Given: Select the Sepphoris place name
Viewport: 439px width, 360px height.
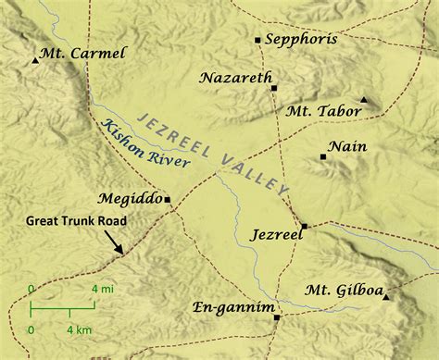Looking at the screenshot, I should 301,40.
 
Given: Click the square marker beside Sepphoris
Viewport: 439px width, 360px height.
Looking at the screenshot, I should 257,40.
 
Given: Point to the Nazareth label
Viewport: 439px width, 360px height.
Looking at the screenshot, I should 234,79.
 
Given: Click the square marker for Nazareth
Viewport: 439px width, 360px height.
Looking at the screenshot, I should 274,88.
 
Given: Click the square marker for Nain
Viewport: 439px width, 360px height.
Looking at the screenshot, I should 322,157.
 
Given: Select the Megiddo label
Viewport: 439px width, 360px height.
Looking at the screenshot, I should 129,198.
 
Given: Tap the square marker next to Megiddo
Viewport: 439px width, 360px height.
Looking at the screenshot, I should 168,199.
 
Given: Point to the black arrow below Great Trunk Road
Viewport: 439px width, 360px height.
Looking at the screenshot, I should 115,243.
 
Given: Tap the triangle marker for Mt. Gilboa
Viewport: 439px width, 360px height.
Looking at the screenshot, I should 386,296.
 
